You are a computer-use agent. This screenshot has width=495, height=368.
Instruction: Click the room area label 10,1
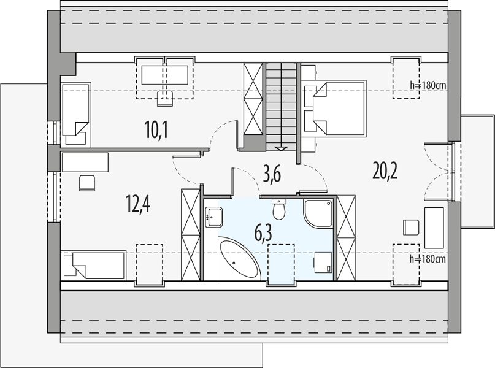[156, 130]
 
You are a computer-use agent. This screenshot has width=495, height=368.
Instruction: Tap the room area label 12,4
[137, 204]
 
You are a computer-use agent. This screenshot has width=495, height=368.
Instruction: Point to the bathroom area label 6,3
[263, 232]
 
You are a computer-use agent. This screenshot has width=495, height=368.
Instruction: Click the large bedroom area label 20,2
[385, 171]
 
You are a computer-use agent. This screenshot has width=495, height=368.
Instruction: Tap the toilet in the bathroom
[278, 209]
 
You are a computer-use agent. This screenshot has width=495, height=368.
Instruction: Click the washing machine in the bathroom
[323, 263]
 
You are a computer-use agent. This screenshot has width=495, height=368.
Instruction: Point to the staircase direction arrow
[281, 148]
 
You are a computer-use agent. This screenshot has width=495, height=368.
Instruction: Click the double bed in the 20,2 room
[339, 109]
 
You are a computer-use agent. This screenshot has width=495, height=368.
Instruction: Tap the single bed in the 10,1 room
[76, 114]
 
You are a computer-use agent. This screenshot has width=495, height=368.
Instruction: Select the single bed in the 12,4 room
[93, 265]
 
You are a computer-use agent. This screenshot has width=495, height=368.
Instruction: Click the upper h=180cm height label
[428, 85]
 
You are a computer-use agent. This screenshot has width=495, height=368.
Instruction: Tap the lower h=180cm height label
[428, 259]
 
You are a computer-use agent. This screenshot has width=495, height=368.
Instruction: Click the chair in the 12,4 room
[87, 183]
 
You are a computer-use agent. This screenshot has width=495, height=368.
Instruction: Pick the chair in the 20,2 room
[411, 227]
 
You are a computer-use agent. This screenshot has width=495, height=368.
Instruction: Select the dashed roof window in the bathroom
[281, 264]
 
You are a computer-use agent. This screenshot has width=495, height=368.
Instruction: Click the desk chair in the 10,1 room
[165, 98]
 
